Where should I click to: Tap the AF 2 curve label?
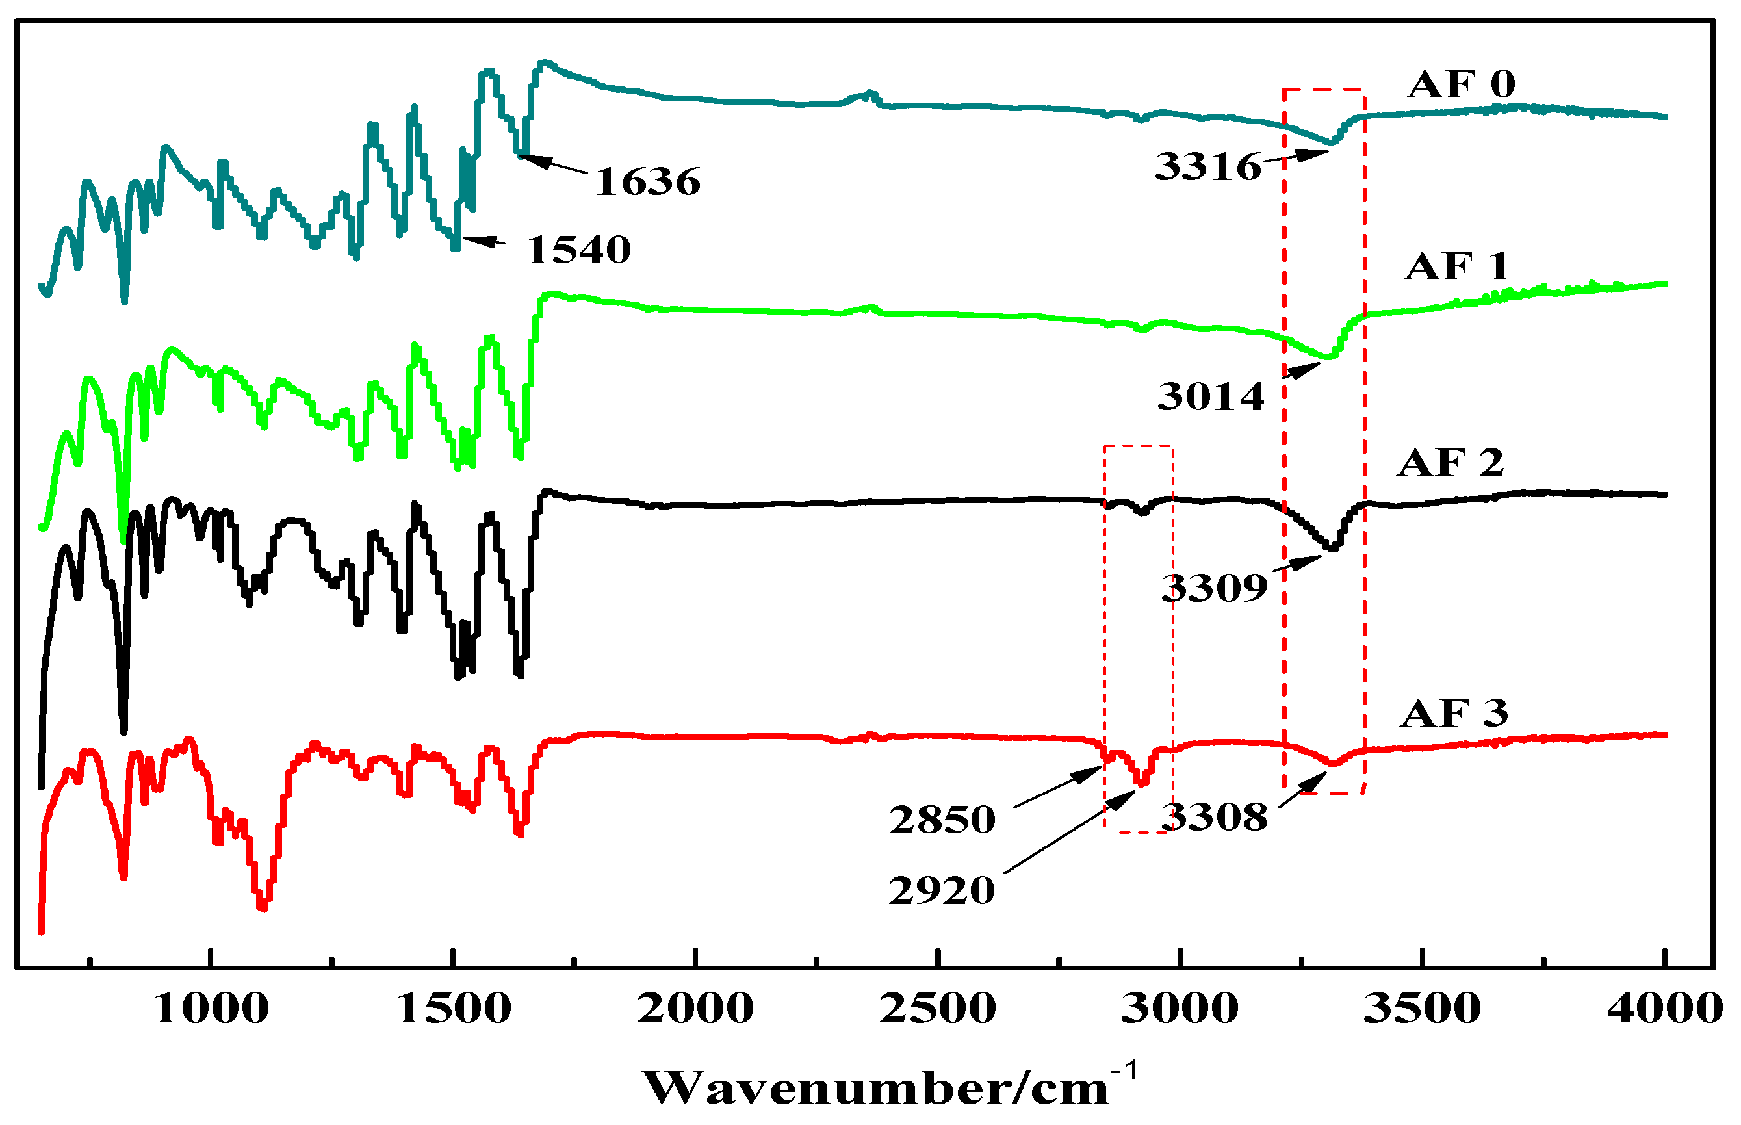(x=1451, y=463)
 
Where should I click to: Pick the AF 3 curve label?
(x=1454, y=713)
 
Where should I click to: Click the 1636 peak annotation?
(x=648, y=182)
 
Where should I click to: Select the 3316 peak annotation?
(x=1208, y=167)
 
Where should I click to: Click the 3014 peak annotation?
(x=1211, y=397)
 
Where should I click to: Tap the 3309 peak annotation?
(x=1215, y=588)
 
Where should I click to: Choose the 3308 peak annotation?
(x=1215, y=817)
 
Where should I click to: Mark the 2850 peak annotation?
(x=942, y=820)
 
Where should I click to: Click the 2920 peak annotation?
(x=942, y=891)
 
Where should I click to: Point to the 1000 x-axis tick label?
(x=211, y=1009)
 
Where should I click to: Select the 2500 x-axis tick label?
(x=938, y=1009)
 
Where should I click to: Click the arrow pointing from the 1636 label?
(x=554, y=164)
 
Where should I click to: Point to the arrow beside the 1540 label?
(x=484, y=240)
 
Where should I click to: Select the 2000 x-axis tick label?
(x=695, y=1009)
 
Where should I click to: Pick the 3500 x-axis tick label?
(x=1422, y=1009)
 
